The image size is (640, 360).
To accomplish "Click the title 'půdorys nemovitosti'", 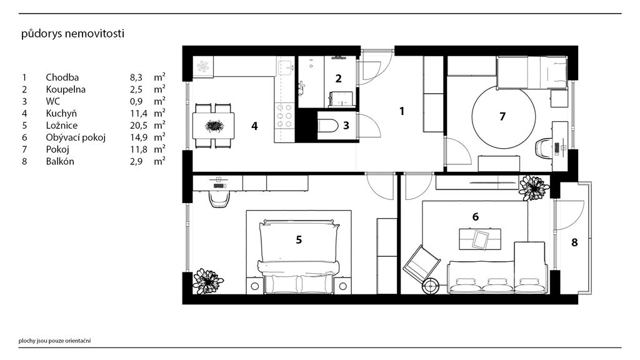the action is [x=72, y=34].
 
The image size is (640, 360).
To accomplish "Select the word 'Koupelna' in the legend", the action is [x=65, y=89].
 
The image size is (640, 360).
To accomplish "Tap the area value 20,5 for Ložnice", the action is [x=138, y=125].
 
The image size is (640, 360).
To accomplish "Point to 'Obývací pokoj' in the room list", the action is [x=76, y=137].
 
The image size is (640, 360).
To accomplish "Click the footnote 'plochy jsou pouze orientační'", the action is [x=55, y=341].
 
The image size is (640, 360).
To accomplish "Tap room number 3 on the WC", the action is [x=346, y=125].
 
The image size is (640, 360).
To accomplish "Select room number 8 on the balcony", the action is [x=574, y=242].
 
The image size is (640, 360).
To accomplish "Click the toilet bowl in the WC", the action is [x=327, y=125].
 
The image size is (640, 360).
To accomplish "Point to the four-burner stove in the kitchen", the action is [x=284, y=116].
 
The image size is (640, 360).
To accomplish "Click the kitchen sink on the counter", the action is [x=286, y=66].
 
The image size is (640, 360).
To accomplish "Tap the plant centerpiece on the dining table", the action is [x=214, y=125].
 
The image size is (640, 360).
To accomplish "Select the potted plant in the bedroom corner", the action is [x=208, y=281].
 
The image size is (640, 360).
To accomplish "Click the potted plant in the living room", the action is [x=534, y=187].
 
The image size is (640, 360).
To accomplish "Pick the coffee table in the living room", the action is [x=480, y=239].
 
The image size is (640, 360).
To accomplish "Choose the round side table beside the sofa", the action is [x=431, y=286].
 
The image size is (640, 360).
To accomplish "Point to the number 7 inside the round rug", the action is [x=502, y=117].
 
